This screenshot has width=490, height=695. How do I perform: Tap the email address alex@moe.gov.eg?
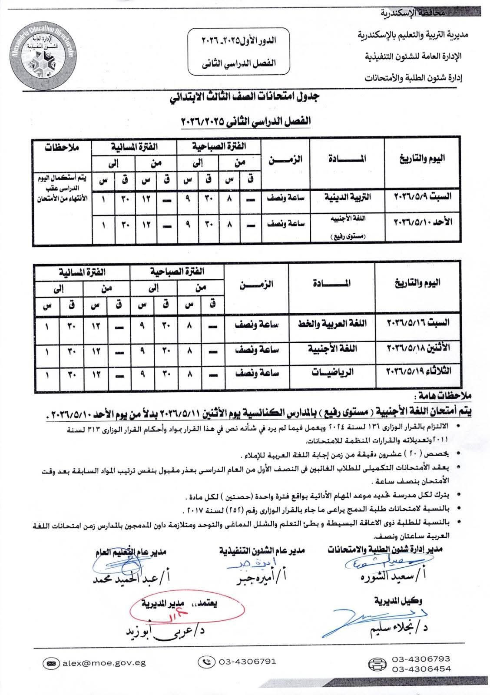coord(104,663)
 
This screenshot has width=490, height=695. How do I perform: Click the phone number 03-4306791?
coord(248,662)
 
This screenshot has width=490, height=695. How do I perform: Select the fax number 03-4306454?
coord(421,669)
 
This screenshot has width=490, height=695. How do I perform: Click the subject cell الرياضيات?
coord(333,371)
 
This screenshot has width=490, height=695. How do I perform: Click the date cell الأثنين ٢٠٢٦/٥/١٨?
coord(418,348)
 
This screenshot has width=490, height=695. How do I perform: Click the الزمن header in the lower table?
coord(256,285)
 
